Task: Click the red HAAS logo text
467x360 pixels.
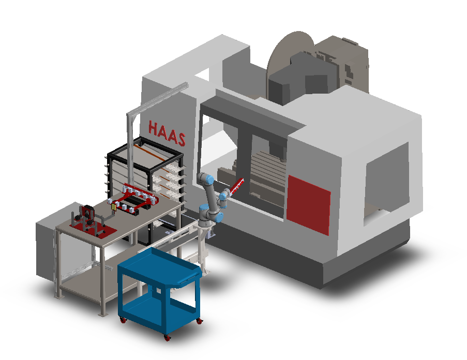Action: (x=167, y=133)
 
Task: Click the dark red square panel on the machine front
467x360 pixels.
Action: (x=309, y=205)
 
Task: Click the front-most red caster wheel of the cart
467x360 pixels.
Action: (x=167, y=338)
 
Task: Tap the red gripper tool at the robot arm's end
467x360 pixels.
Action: (x=236, y=186)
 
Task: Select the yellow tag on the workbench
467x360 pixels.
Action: (x=113, y=207)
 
